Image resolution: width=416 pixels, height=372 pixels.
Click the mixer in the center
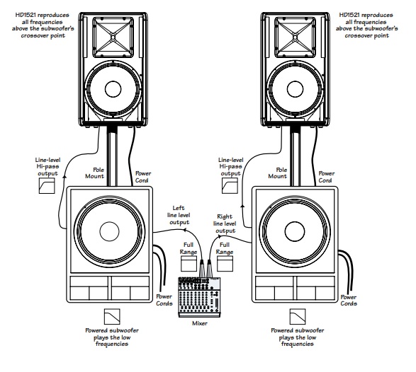(x=199, y=297)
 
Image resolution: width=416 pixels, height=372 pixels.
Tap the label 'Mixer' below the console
(x=200, y=323)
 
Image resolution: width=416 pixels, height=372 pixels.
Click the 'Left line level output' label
(x=179, y=215)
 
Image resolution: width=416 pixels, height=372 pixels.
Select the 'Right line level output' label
(x=225, y=223)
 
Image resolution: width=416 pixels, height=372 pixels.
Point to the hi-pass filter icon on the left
(x=47, y=185)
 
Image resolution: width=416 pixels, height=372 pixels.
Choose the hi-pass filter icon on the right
(x=230, y=185)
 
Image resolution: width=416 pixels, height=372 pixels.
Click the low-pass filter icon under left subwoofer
(x=112, y=316)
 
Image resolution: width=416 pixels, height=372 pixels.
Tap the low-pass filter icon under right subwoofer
(x=298, y=316)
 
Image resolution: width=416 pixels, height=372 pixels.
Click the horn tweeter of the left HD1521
(x=113, y=37)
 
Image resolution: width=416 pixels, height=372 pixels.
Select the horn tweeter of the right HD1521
(x=296, y=37)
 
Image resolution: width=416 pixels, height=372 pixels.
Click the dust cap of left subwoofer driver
(x=109, y=231)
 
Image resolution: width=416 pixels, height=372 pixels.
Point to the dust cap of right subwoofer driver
(x=295, y=231)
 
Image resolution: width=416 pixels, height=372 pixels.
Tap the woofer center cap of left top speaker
(x=113, y=89)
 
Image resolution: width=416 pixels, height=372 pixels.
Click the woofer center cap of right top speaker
(x=295, y=89)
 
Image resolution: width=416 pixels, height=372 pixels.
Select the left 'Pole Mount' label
(x=95, y=173)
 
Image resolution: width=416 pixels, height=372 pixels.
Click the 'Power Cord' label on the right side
(x=326, y=177)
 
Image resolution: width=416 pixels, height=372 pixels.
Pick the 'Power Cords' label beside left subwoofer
(x=164, y=300)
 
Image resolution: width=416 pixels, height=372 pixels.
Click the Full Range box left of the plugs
(x=189, y=264)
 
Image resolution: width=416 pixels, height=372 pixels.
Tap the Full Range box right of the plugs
(x=225, y=264)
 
